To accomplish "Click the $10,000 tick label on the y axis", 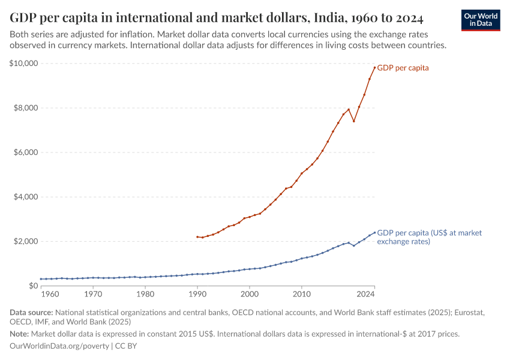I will [24, 64].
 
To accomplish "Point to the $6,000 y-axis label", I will [26, 152].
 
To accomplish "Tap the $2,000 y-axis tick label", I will [26, 241].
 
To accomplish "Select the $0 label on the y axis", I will [33, 286].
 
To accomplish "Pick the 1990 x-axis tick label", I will [197, 295].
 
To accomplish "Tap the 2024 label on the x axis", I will [365, 295].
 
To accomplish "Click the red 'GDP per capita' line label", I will [403, 68].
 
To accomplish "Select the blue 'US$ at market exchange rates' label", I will [429, 237].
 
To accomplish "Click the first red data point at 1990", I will [197, 237].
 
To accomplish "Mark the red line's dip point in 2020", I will [354, 121].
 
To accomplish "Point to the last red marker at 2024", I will [374, 67].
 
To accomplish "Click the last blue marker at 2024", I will [374, 233].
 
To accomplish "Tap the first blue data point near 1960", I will [40, 279].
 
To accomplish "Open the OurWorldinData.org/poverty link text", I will [59, 346].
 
